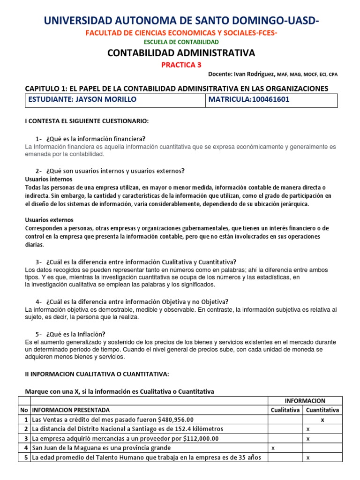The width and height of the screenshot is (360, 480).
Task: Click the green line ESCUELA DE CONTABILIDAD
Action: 181,42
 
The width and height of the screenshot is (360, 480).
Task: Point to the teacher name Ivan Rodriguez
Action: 253,74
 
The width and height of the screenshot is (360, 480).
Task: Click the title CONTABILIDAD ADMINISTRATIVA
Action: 181,53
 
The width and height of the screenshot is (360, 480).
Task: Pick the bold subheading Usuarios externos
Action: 49,220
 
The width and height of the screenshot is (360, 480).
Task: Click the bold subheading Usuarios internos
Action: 48,179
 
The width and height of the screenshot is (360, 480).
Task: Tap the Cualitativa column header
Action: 285,410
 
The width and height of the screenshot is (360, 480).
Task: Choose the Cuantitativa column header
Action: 322,410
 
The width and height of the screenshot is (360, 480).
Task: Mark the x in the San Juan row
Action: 273,448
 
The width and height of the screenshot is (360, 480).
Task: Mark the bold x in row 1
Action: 322,420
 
